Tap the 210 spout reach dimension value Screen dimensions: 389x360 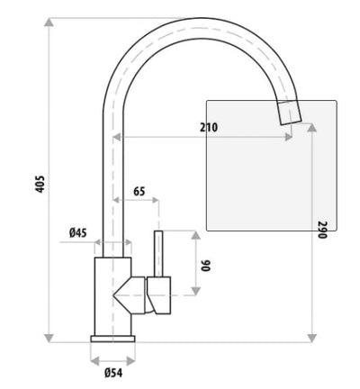(x=208, y=128)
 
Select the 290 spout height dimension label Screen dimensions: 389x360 (x=321, y=229)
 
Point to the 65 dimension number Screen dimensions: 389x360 (x=139, y=191)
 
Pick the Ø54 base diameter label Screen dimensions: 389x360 (x=113, y=372)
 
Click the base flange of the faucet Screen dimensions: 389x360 (x=112, y=339)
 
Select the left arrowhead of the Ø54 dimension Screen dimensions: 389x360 (x=94, y=358)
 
